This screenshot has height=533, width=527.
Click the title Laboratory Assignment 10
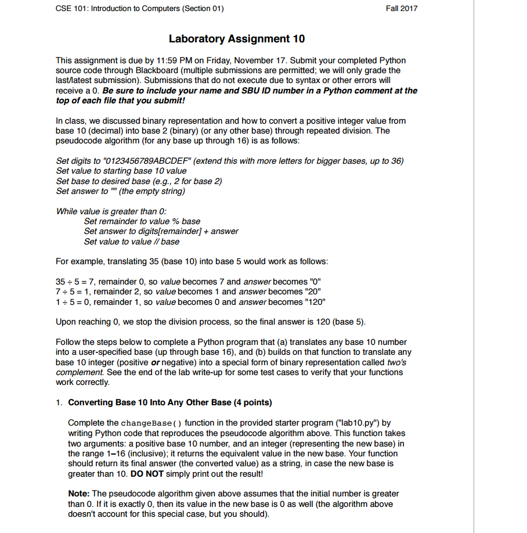pyautogui.click(x=237, y=39)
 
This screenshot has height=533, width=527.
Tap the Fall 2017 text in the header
pyautogui.click(x=401, y=8)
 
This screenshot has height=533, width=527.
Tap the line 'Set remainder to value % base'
pyautogui.click(x=142, y=221)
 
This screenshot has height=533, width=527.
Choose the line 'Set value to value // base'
pyautogui.click(x=132, y=242)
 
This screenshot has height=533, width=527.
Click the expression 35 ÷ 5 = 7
pyautogui.click(x=77, y=282)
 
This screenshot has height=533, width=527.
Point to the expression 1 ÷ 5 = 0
pyautogui.click(x=77, y=302)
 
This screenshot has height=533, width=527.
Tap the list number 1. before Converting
pyautogui.click(x=59, y=402)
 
